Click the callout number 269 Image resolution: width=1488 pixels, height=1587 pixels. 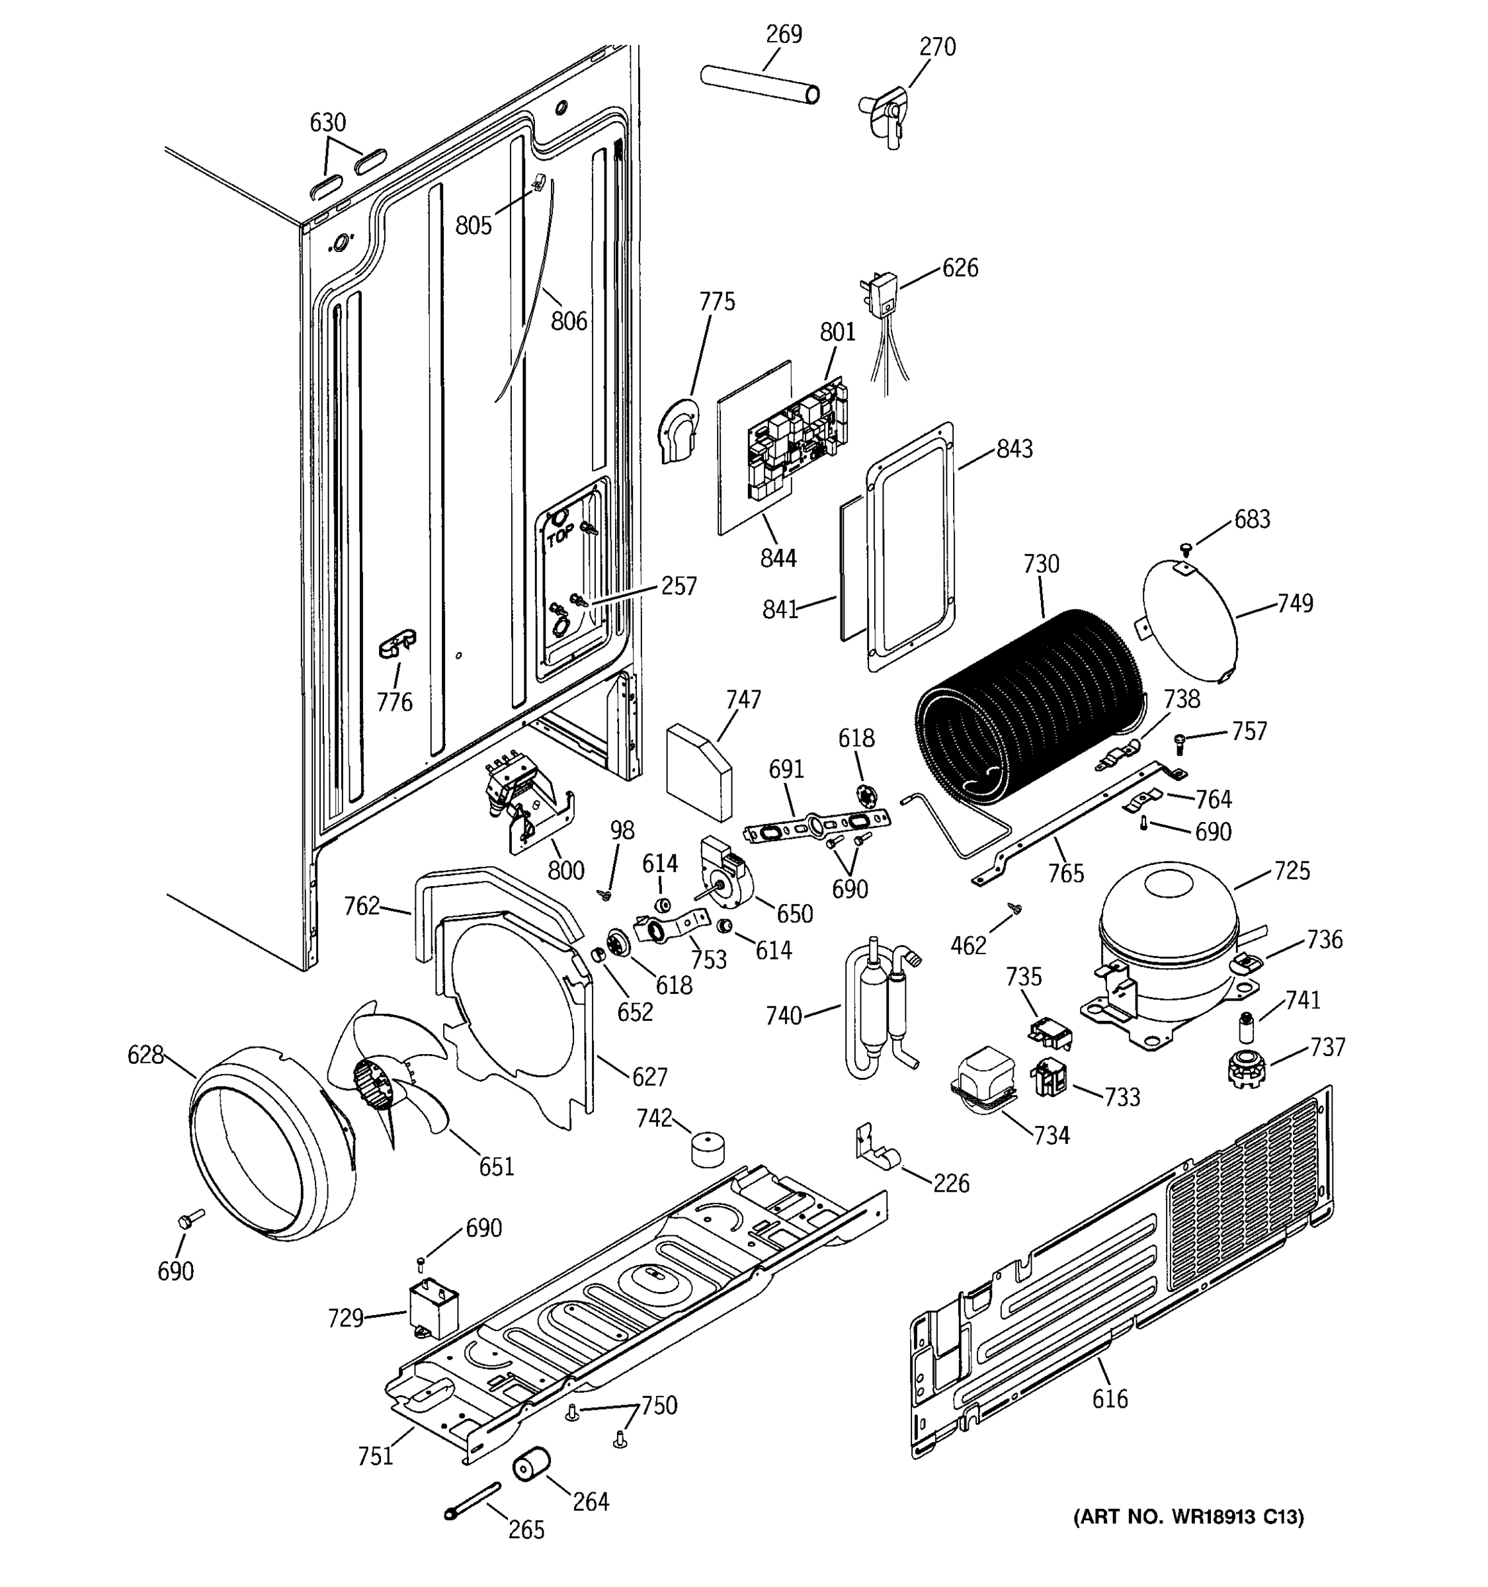(x=783, y=34)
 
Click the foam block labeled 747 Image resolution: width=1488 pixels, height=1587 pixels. (x=698, y=770)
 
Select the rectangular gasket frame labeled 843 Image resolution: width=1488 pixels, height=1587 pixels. (x=911, y=547)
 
